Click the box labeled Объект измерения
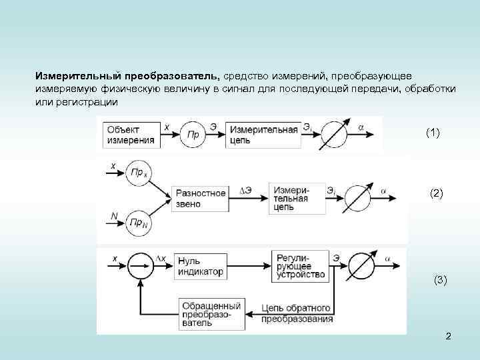click(131, 135)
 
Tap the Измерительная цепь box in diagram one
click(262, 135)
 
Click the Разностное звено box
click(201, 198)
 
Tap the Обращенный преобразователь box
click(204, 313)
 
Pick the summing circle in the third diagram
click(141, 267)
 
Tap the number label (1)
click(433, 133)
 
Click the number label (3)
click(440, 280)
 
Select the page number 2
click(449, 336)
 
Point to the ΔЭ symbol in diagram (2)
click(246, 191)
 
